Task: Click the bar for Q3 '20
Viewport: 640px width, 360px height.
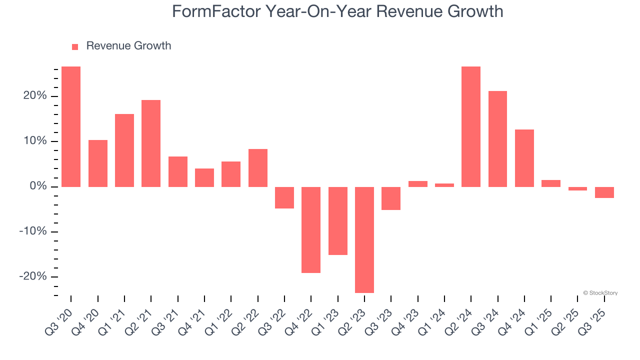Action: tap(71, 126)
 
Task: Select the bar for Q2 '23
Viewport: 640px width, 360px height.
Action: tap(364, 239)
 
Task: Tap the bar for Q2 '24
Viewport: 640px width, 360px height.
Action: tap(471, 126)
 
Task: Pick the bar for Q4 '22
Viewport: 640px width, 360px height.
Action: tap(311, 229)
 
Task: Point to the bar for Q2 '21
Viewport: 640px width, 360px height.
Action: tap(151, 143)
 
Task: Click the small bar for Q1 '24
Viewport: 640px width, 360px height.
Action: tap(444, 185)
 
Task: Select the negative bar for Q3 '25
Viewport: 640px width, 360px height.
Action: tap(604, 192)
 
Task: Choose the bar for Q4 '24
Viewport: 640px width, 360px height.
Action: tap(524, 158)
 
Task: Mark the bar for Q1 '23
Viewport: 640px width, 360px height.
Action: tap(338, 220)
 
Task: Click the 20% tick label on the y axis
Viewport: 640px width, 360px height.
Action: tap(35, 96)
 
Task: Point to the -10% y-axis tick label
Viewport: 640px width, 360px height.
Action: tap(33, 231)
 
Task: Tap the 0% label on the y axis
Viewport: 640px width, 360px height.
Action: tap(38, 186)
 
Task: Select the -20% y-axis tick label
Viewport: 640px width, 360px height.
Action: tap(33, 276)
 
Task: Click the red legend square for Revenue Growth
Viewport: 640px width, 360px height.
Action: tap(75, 47)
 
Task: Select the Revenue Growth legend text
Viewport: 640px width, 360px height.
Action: tap(128, 46)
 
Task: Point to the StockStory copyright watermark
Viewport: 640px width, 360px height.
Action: tap(600, 293)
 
